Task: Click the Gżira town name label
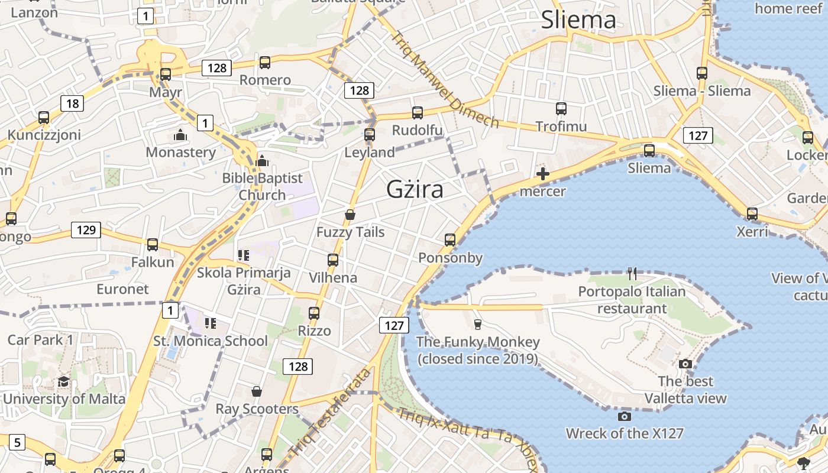tap(415, 189)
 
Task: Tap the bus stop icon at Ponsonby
tap(450, 240)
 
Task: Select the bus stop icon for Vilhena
tap(333, 260)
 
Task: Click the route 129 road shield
tap(86, 230)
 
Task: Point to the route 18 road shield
tap(72, 104)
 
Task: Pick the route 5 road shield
tap(17, 442)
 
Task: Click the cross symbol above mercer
tap(542, 174)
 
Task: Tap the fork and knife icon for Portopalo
tap(632, 273)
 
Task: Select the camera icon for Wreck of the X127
tap(624, 416)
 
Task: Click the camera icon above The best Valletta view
tap(685, 364)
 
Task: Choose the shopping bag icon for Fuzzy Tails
tap(350, 215)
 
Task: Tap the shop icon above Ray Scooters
tap(257, 391)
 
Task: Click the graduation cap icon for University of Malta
tap(64, 381)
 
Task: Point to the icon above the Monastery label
tap(180, 135)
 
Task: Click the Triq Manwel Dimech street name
tap(445, 79)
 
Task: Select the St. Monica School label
tap(211, 341)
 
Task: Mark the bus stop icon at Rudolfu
tap(418, 113)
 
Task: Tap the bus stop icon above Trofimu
tap(561, 109)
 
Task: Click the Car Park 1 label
tap(40, 340)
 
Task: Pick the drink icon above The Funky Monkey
tap(477, 324)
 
